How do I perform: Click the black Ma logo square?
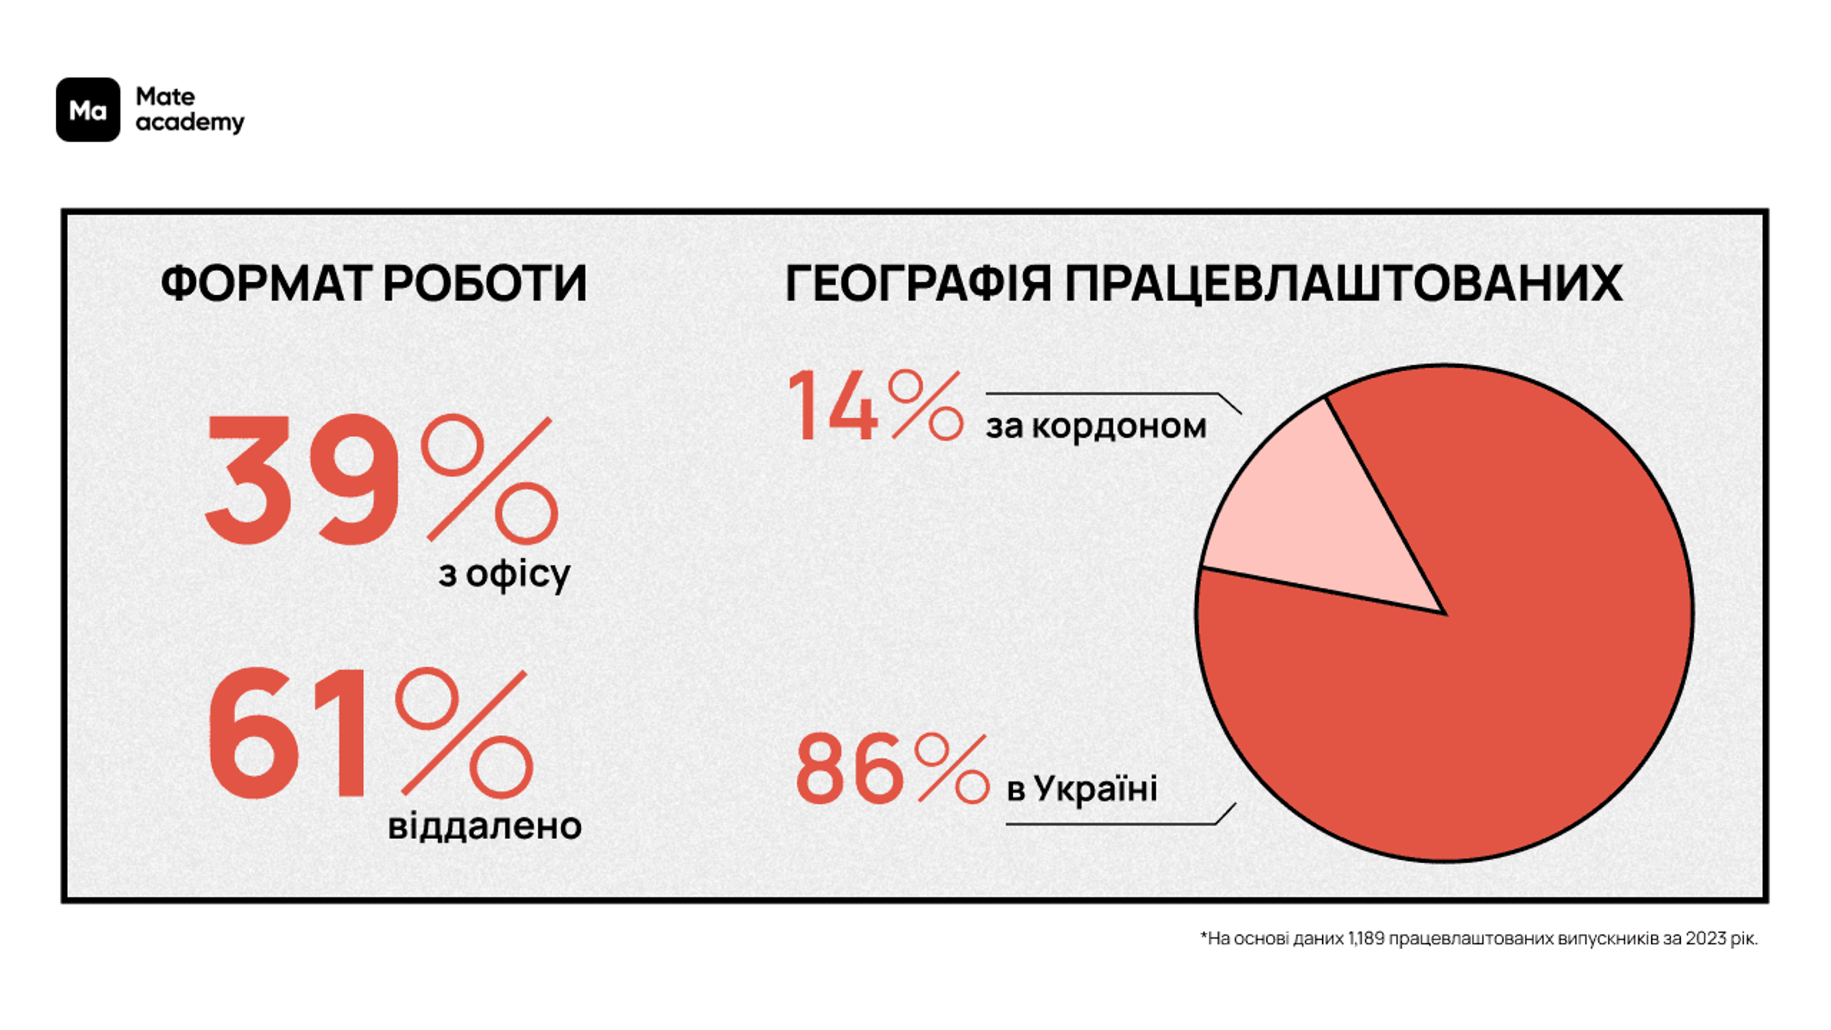pos(88,110)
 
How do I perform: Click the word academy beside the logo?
pos(190,123)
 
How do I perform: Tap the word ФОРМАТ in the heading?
pos(265,284)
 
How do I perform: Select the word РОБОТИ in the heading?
pos(485,284)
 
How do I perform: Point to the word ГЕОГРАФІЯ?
pos(917,284)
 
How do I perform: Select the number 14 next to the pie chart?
pos(833,407)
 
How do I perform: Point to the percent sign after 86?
pos(951,768)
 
